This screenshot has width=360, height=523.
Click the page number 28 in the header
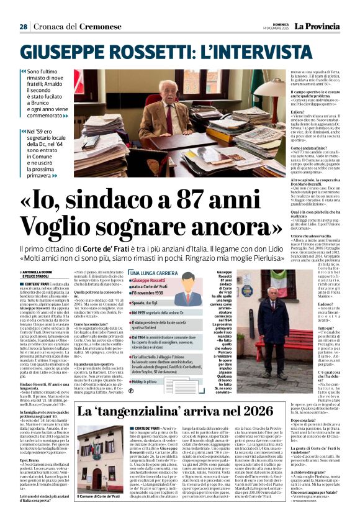[x=24, y=27]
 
